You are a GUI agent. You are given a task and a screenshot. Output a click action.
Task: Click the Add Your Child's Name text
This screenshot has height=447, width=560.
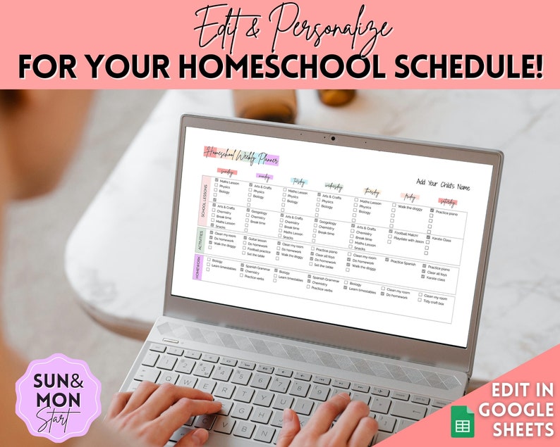443,187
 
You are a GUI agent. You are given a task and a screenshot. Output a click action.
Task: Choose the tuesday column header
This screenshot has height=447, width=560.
297,181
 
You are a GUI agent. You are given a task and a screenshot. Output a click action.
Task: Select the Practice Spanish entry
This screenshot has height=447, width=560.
404,262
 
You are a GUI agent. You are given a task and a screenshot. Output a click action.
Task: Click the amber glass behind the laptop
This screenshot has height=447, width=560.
264,106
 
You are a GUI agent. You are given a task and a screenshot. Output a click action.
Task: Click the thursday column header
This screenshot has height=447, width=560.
372,191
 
